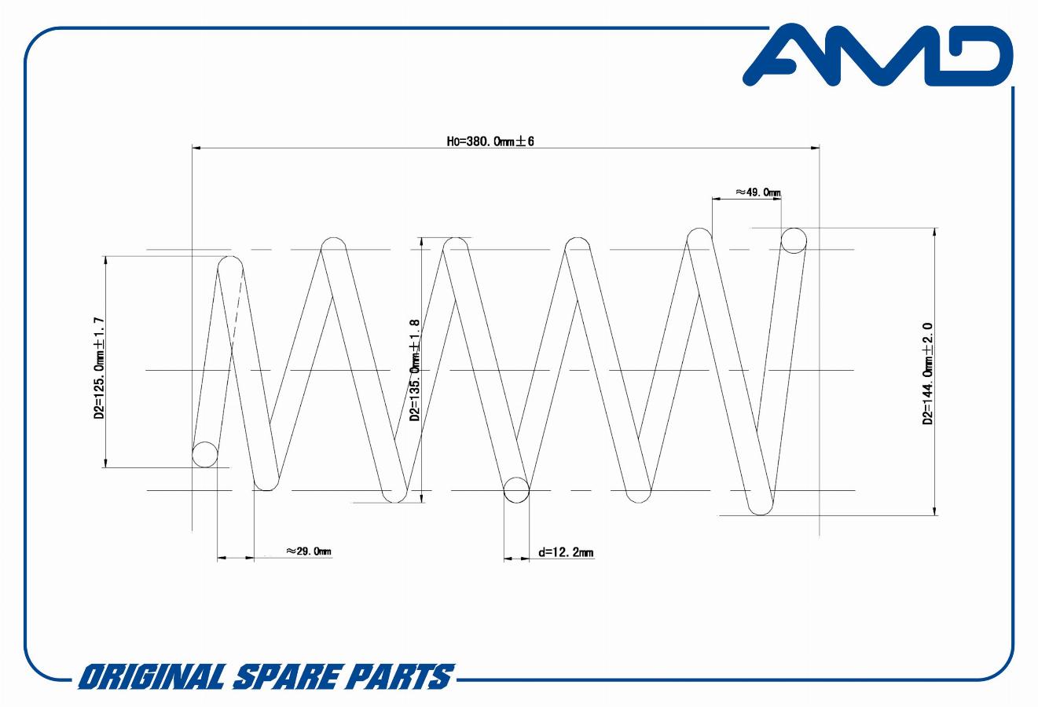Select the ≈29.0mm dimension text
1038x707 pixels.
click(x=309, y=551)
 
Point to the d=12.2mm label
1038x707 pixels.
click(x=566, y=552)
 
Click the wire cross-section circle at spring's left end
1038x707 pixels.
click(x=205, y=454)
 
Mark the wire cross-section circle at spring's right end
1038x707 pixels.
click(x=794, y=240)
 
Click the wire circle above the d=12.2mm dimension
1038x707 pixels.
click(x=515, y=489)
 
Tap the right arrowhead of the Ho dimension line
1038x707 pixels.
click(x=814, y=147)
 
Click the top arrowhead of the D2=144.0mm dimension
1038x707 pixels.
click(x=934, y=233)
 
